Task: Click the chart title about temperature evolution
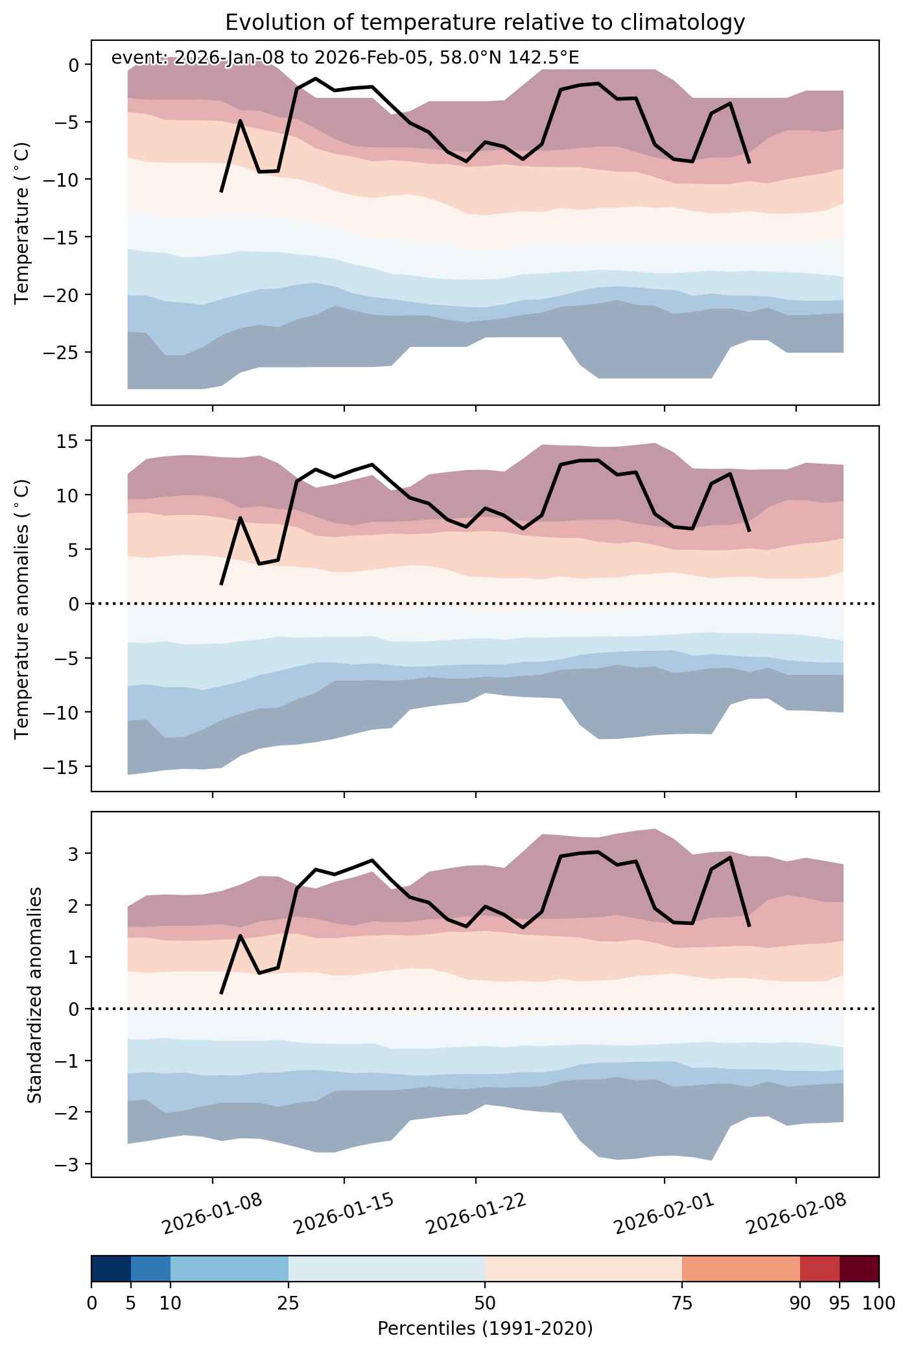click(485, 23)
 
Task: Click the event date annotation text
click(345, 58)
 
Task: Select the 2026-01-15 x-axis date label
click(345, 1213)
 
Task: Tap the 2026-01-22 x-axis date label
click(477, 1213)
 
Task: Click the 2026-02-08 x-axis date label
click(797, 1213)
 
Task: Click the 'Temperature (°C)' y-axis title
click(23, 223)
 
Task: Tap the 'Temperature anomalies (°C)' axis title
click(23, 608)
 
